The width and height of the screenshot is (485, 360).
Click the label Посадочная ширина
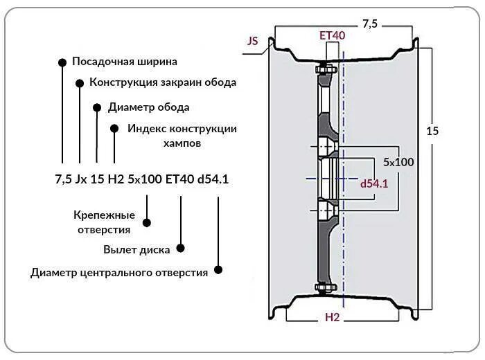tap(125, 62)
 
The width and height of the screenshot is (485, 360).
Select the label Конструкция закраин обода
tap(163, 82)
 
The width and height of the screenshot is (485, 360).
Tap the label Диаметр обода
tap(148, 107)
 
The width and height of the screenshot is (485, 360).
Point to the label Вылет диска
tap(136, 249)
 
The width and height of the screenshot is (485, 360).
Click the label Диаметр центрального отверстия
tap(119, 273)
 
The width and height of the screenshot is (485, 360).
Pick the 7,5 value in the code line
tap(63, 179)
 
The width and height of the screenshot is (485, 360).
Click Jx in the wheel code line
tap(81, 179)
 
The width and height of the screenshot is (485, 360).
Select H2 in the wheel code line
tap(116, 179)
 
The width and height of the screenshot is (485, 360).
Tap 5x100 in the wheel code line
tap(145, 179)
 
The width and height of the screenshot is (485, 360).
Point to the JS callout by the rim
tap(253, 41)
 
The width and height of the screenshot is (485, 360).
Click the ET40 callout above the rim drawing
tap(332, 35)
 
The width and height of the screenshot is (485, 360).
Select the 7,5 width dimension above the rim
tap(370, 24)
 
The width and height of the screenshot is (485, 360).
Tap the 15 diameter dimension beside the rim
tap(433, 130)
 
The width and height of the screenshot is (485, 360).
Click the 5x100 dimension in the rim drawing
tap(398, 162)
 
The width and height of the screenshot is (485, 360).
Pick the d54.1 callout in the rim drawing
tap(374, 184)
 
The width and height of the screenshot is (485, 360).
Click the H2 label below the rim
tap(333, 317)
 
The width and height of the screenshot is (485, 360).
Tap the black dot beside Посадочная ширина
tap(62, 62)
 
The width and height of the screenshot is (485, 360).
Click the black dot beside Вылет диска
tap(181, 247)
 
